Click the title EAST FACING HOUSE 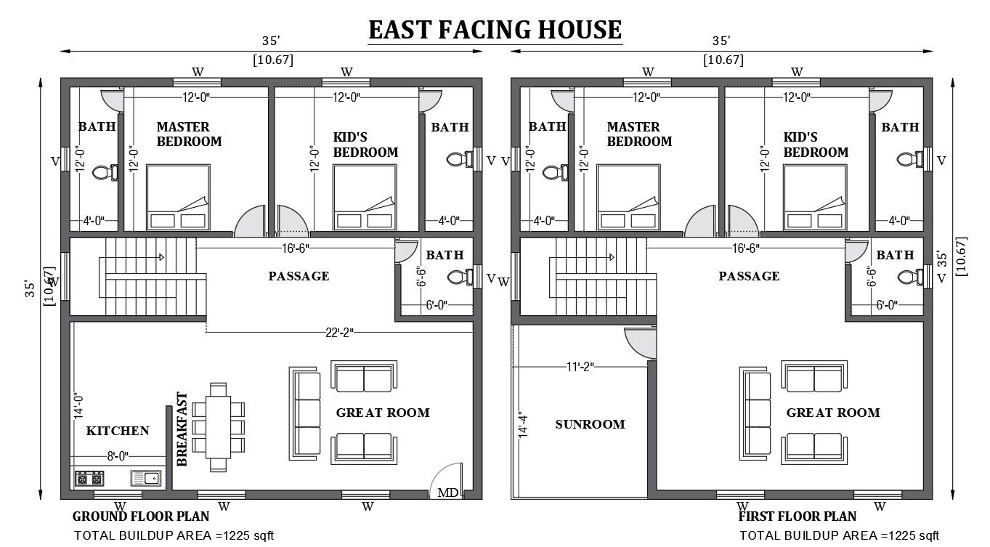(x=495, y=30)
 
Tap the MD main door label (x=447, y=493)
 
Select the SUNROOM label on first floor (x=590, y=424)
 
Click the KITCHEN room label (x=118, y=431)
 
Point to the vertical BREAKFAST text (x=182, y=429)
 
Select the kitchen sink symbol (x=147, y=478)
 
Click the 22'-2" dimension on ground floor (x=339, y=332)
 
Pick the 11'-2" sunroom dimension (x=578, y=366)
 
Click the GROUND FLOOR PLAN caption (x=141, y=517)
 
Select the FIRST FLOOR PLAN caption (x=797, y=517)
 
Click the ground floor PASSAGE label (x=299, y=276)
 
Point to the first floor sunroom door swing (x=641, y=343)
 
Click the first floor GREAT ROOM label (x=832, y=413)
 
